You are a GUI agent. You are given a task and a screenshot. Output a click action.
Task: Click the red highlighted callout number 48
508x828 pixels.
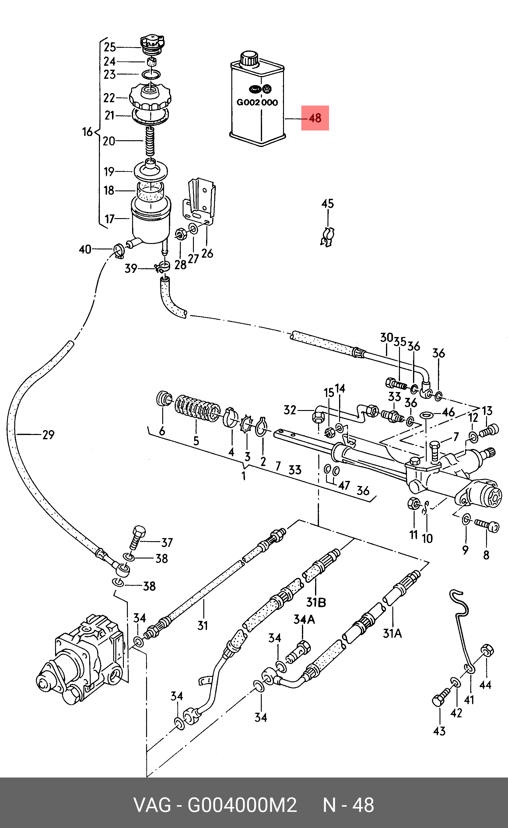click(x=315, y=118)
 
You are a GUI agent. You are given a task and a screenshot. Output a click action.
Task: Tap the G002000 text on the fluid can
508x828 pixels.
click(x=257, y=103)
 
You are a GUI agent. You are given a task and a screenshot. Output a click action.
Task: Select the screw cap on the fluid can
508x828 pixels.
click(x=249, y=58)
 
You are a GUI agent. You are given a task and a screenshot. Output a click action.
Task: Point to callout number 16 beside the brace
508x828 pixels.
click(x=87, y=132)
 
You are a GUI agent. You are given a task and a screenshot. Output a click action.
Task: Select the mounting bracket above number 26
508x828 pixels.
click(x=200, y=202)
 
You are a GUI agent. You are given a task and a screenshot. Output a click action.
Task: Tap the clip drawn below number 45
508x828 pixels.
click(x=328, y=237)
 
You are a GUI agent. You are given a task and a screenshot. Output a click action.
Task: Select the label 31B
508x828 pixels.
click(x=316, y=602)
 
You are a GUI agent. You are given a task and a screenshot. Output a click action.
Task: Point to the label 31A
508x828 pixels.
click(x=392, y=633)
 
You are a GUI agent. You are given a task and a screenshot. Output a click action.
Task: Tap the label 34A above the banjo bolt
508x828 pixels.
click(x=304, y=619)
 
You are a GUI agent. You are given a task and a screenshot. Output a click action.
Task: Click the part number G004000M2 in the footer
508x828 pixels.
click(x=242, y=805)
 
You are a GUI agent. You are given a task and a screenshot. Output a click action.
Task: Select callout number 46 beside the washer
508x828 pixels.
click(x=448, y=412)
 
